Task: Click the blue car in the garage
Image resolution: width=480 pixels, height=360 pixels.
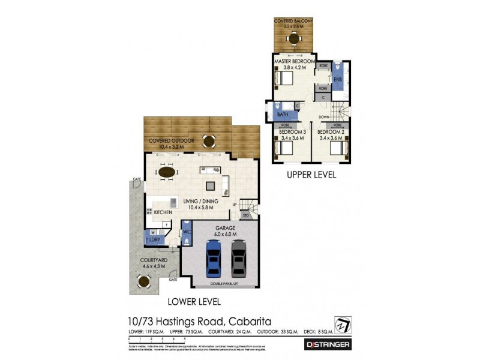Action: click(x=214, y=257)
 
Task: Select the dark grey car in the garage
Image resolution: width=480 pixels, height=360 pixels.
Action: click(x=239, y=257)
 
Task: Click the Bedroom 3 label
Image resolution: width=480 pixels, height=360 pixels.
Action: click(x=292, y=132)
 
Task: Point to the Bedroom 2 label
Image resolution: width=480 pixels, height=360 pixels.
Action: click(x=331, y=132)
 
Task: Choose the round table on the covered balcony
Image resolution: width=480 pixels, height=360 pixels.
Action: click(x=294, y=39)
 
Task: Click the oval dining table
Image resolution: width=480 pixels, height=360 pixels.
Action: click(x=167, y=173)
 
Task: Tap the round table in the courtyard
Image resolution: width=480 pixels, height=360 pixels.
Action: click(x=143, y=280)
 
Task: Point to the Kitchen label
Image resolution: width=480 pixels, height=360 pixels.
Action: click(x=163, y=212)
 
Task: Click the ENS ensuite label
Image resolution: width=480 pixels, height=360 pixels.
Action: click(x=337, y=80)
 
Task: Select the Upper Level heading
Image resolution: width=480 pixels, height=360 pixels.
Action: click(x=311, y=175)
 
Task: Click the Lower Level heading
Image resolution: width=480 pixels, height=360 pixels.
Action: click(x=194, y=301)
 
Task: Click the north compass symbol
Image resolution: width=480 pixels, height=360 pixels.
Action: click(x=343, y=324)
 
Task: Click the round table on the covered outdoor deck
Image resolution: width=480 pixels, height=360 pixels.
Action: click(x=209, y=142)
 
